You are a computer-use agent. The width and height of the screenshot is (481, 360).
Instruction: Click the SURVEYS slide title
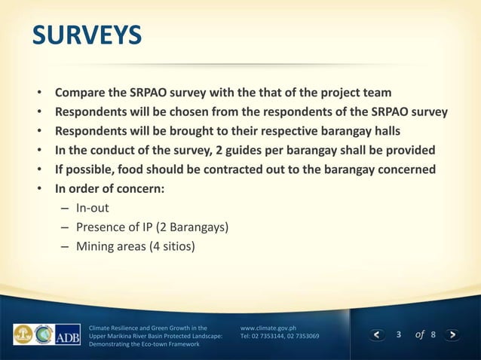click(x=86, y=35)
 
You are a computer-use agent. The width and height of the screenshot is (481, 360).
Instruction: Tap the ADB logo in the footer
click(x=68, y=334)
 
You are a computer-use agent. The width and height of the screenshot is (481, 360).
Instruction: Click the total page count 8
click(x=433, y=334)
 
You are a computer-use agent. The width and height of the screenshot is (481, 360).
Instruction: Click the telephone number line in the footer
click(x=279, y=336)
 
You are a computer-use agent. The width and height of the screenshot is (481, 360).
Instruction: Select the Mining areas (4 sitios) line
click(x=135, y=246)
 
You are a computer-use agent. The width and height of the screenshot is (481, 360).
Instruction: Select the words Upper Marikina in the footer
click(x=114, y=336)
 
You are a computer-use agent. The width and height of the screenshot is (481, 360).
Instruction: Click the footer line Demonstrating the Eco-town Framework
click(x=144, y=343)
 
